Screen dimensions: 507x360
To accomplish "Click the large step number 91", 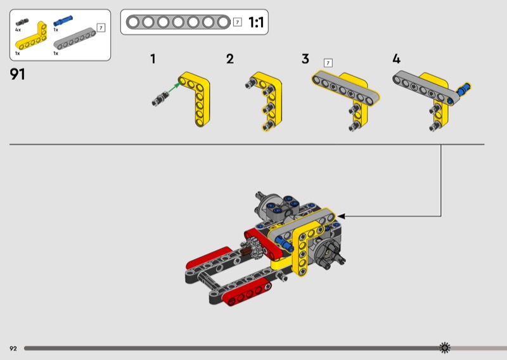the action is coord(18,74).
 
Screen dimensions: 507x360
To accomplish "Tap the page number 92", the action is coord(13,349).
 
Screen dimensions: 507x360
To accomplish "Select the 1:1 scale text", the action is coord(256,22).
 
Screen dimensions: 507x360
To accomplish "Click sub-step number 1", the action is coord(153,59).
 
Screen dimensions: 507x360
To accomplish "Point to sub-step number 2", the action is coord(230,59).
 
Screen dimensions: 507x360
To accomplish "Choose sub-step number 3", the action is coord(305,59).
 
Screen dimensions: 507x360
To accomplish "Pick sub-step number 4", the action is coord(397,59).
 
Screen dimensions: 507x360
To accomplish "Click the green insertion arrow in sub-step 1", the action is coord(174,89).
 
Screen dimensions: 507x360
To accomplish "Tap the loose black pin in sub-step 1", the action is coord(160,98).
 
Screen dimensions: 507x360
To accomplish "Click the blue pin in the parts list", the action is coord(63,21).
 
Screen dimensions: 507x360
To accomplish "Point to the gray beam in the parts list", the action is coord(75,39).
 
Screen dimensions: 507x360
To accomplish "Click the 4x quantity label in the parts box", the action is coord(18,30).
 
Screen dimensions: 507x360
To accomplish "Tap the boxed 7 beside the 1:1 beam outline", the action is coord(237,22).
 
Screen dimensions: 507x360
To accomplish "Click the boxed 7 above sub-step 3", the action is coord(328,63).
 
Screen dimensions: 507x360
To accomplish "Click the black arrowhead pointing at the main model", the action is coord(341,216).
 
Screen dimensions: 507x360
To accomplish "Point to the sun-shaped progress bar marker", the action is coord(445,348).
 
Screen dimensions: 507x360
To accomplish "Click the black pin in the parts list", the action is coord(22,22).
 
